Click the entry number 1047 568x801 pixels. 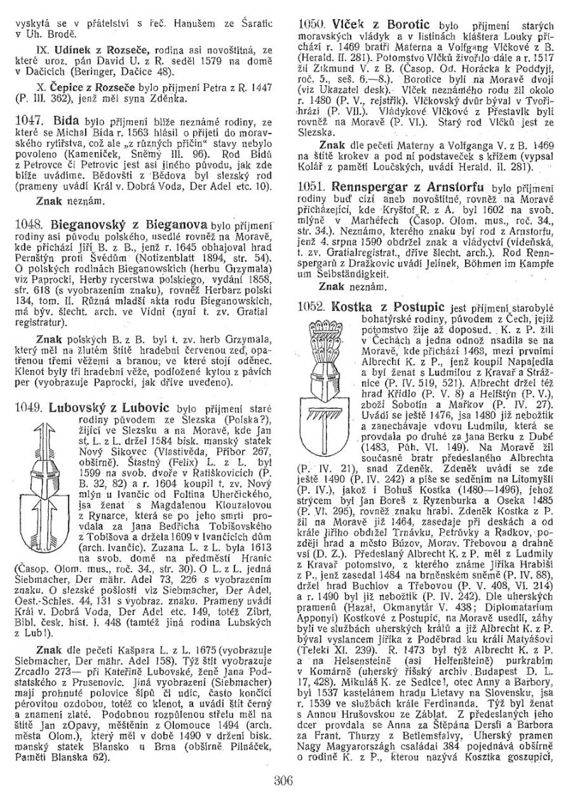pos(29,123)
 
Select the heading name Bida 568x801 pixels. pos(60,123)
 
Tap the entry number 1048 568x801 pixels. pos(29,223)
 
